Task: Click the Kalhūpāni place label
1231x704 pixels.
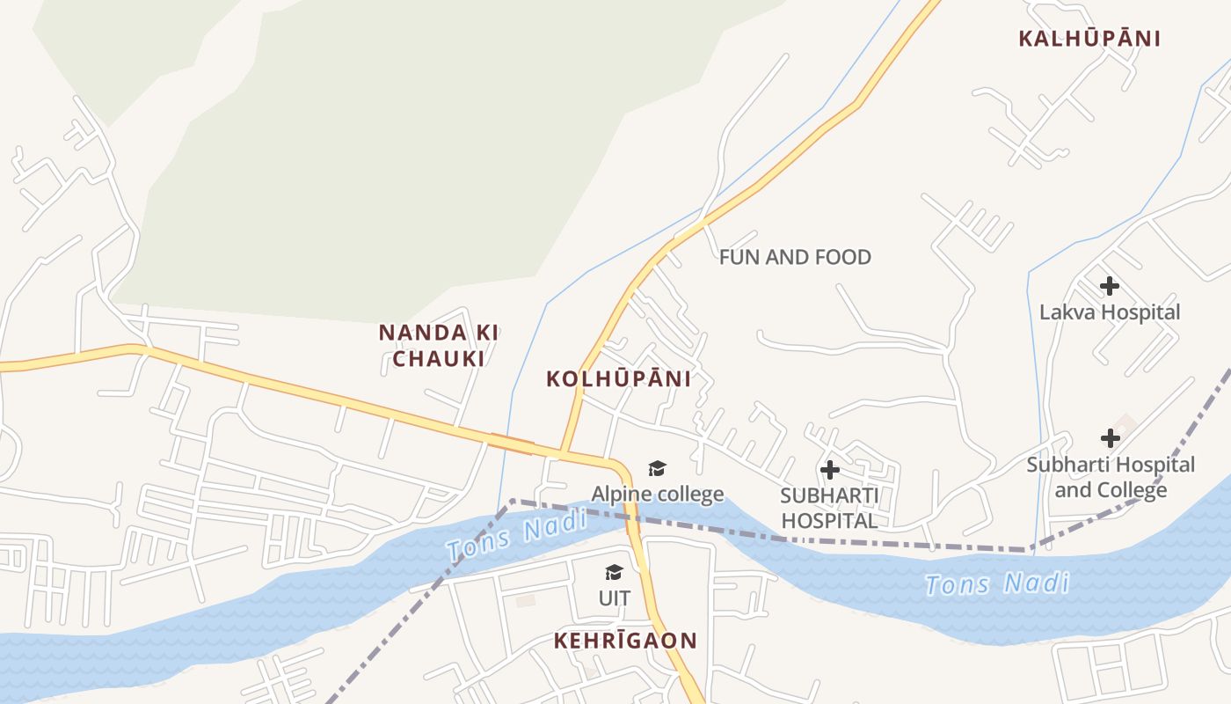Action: (x=1089, y=39)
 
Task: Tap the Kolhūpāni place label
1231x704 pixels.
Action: (x=618, y=379)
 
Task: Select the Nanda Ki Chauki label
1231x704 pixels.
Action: (x=439, y=345)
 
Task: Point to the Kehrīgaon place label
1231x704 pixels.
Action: (x=624, y=641)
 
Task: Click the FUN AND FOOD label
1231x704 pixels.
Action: (x=795, y=257)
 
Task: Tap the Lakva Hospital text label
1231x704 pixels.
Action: (x=1110, y=312)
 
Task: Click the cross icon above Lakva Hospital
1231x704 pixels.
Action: (x=1110, y=285)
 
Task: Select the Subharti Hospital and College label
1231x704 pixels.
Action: (x=1111, y=477)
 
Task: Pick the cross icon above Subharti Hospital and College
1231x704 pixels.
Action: (x=1111, y=437)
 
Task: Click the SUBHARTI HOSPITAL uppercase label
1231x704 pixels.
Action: (x=829, y=508)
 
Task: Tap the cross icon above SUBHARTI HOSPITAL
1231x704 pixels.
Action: (x=829, y=470)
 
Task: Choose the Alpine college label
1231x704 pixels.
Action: (x=657, y=494)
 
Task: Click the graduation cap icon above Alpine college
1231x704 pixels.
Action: (x=657, y=468)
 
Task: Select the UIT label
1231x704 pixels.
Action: (x=615, y=598)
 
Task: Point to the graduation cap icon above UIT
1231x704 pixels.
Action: (x=614, y=573)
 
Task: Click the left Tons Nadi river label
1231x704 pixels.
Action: (x=517, y=536)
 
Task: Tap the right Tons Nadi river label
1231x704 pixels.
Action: (x=997, y=583)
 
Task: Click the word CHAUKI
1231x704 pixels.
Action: (x=439, y=358)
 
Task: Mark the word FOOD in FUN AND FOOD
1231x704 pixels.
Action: (x=843, y=257)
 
